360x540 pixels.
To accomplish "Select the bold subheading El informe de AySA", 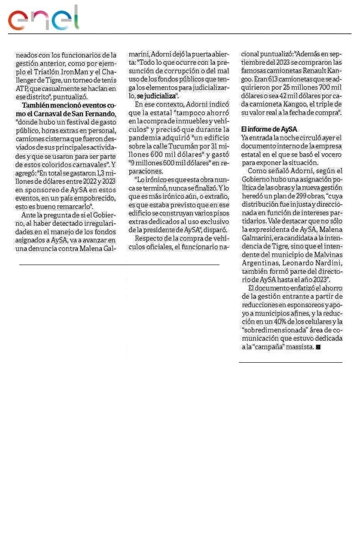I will click(x=269, y=129).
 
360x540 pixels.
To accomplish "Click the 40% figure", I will click(x=276, y=321).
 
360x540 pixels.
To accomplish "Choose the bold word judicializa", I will click(x=159, y=96).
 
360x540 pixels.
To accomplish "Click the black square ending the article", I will click(x=318, y=347).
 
